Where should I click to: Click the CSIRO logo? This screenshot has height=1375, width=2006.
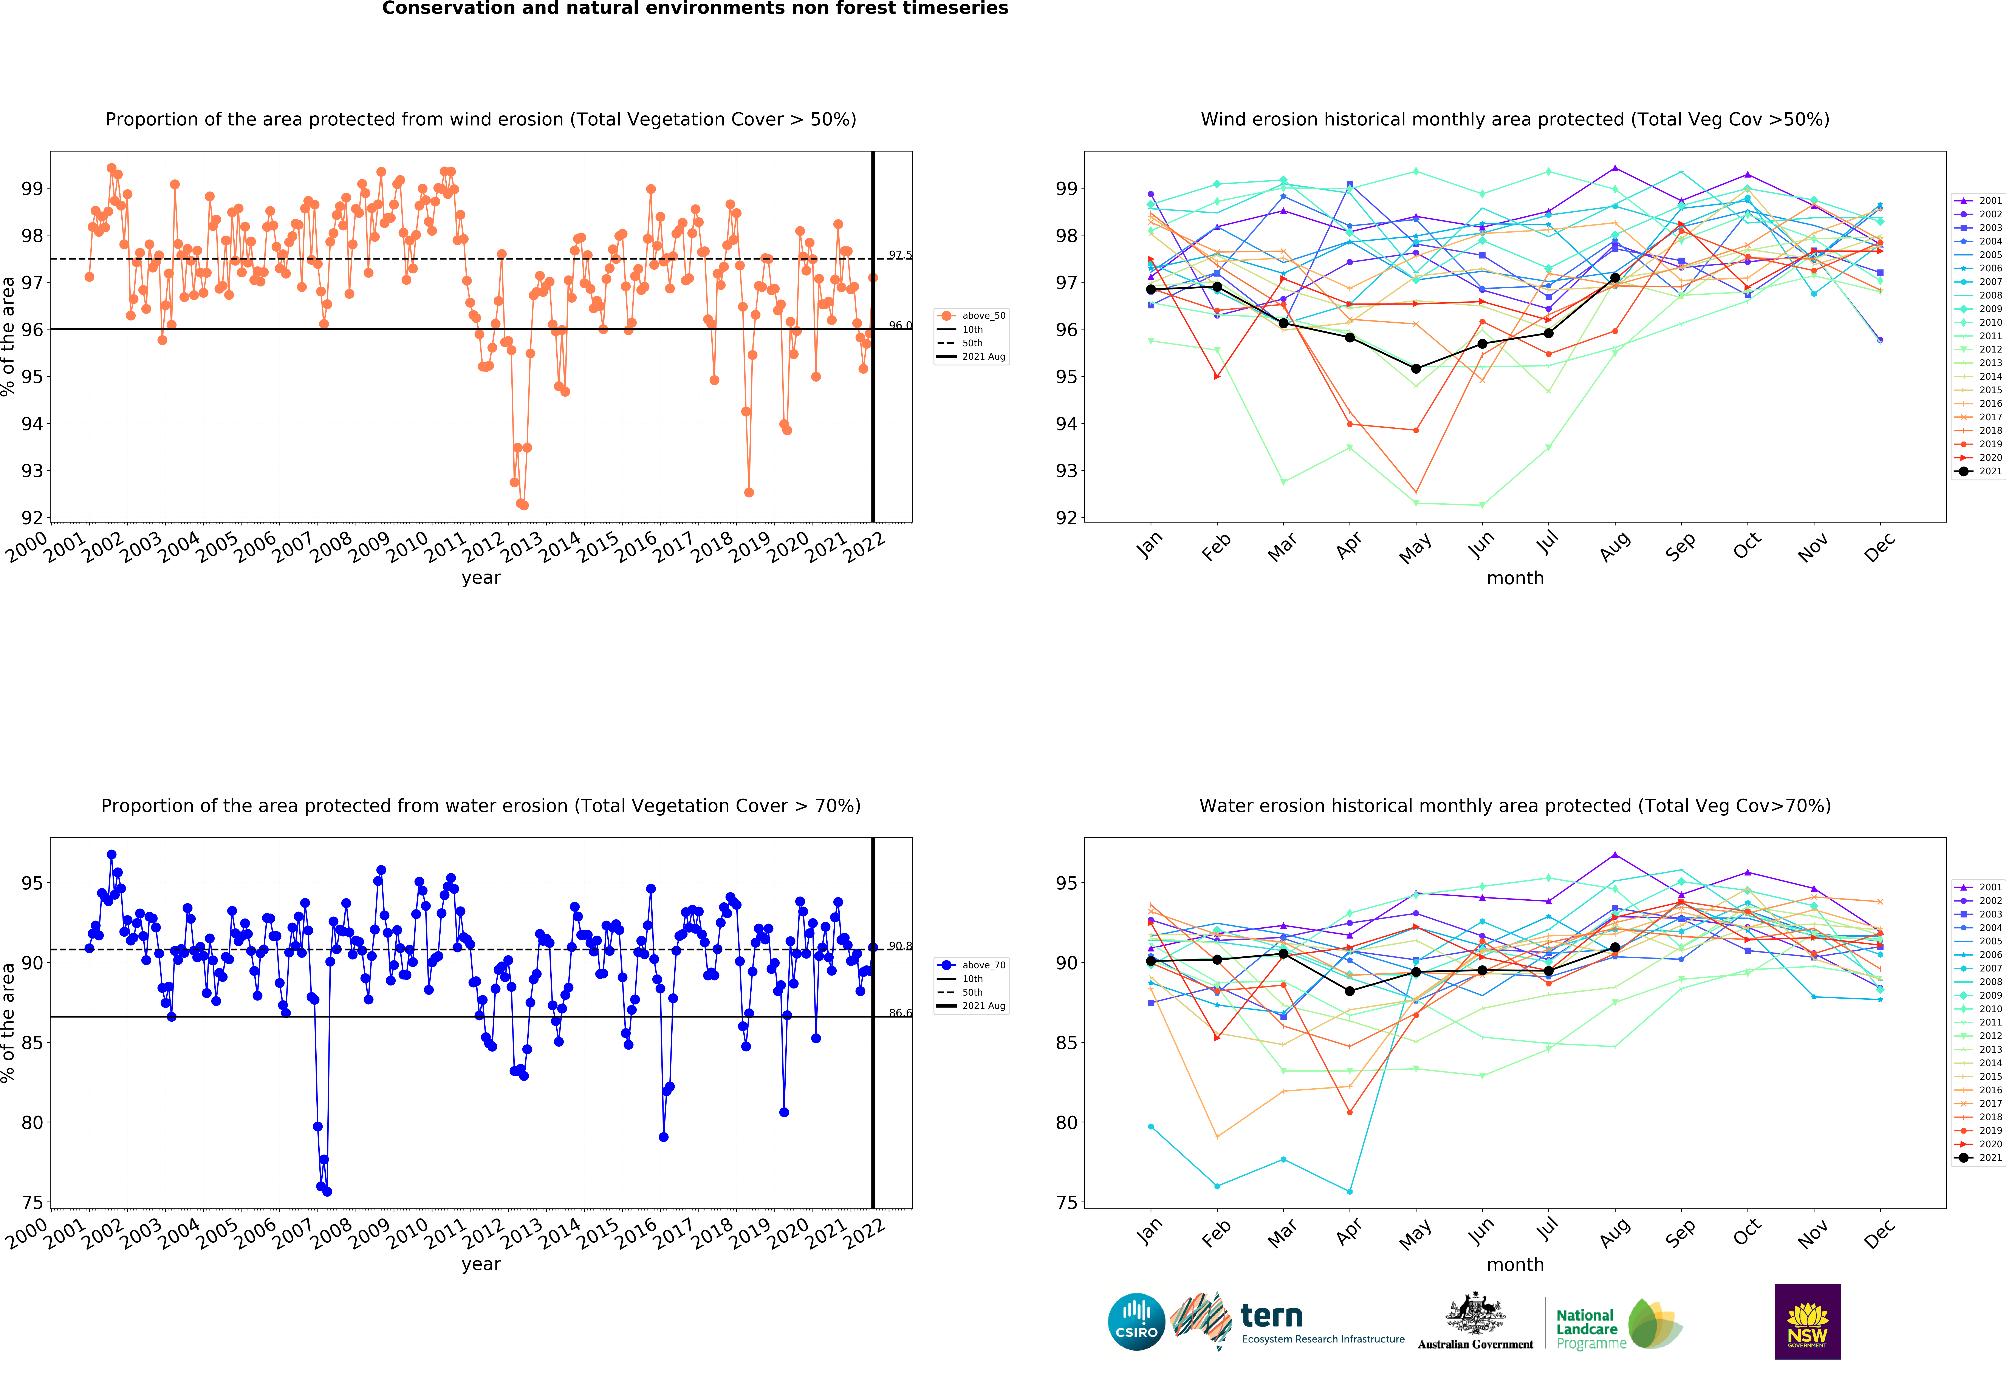pos(1136,1321)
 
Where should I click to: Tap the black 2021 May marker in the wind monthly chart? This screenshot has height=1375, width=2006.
pos(1416,369)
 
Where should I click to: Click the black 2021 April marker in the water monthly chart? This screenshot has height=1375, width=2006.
pos(1349,991)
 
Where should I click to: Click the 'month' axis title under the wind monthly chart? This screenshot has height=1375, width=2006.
pos(1515,578)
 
